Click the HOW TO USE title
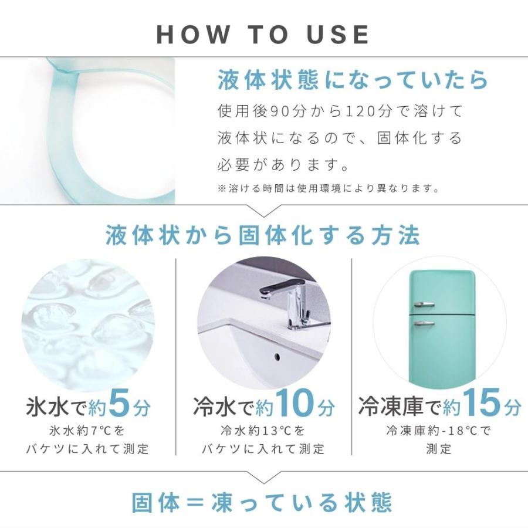coord(263,35)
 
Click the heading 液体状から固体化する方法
coord(263,236)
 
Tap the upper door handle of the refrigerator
coord(424,304)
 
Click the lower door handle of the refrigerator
coord(424,322)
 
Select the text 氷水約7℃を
coord(87,431)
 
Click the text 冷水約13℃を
coord(263,431)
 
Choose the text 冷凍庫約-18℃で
coord(439,431)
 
